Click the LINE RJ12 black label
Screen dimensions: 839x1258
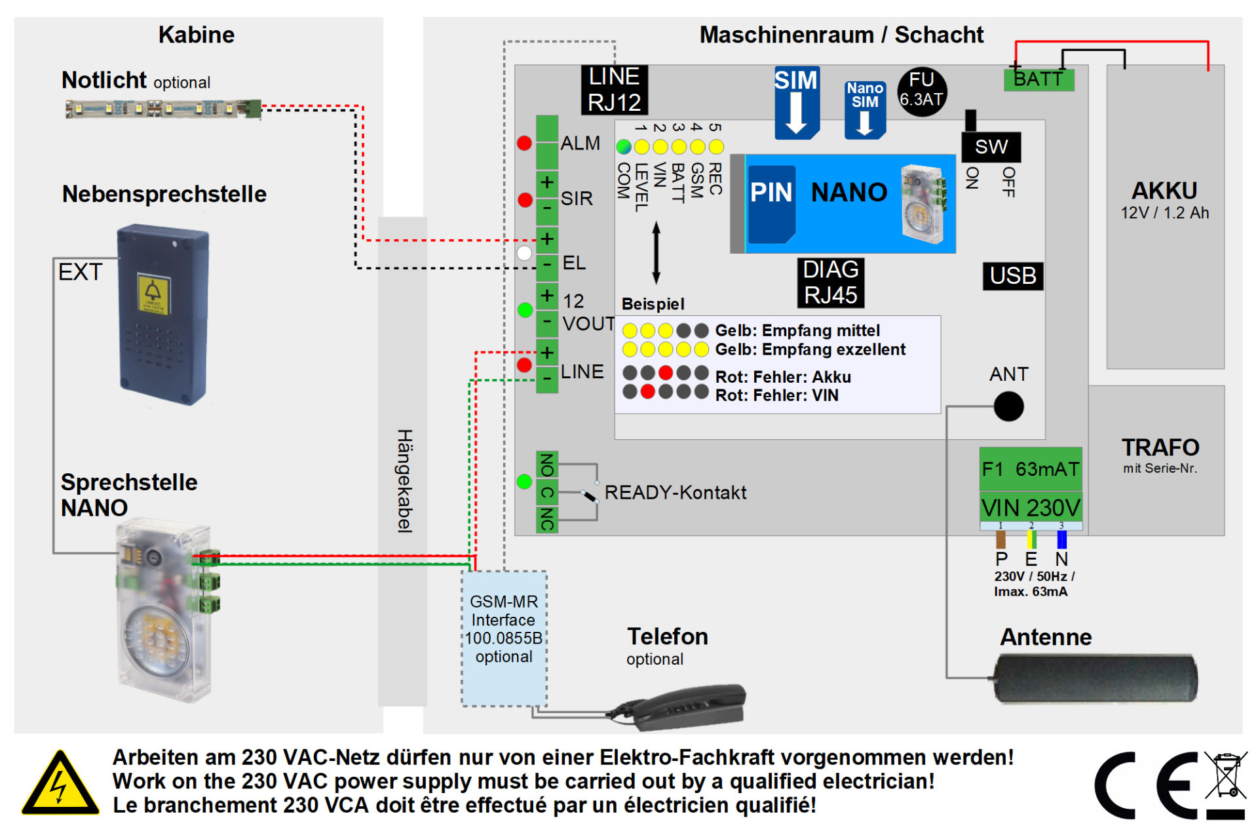pos(614,90)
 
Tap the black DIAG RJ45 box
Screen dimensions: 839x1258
pos(830,283)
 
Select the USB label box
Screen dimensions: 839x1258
pos(1012,276)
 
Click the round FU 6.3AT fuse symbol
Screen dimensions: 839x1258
pos(921,91)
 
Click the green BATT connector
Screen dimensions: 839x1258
pos(1039,80)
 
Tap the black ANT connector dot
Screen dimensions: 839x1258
pos(1008,406)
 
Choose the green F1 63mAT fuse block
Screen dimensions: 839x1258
pos(1030,469)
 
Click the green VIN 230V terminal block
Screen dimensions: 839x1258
pos(1030,507)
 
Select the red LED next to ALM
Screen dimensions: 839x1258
pos(524,143)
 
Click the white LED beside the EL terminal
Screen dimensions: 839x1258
pos(524,253)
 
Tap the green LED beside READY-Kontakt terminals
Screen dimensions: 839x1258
pos(524,482)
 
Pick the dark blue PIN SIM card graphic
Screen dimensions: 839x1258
pos(771,204)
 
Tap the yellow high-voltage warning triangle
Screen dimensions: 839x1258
pos(60,784)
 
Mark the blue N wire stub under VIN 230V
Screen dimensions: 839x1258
pos(1061,539)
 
